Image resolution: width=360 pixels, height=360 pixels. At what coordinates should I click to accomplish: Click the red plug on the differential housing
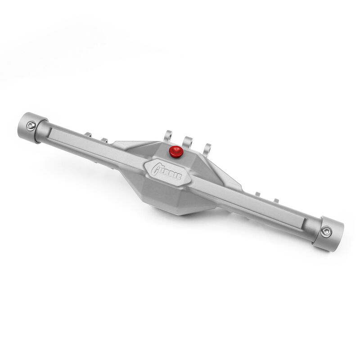click(175, 152)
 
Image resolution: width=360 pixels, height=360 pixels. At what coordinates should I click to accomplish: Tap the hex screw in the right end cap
click(325, 232)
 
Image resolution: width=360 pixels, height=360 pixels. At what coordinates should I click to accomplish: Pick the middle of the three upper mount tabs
click(188, 140)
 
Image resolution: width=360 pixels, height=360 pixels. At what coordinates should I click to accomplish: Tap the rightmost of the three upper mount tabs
click(208, 148)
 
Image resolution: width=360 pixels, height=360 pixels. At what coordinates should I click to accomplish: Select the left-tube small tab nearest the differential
click(104, 140)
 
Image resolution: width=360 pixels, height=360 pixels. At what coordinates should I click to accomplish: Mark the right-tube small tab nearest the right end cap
click(276, 201)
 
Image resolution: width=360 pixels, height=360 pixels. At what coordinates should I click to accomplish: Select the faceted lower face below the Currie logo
click(180, 198)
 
